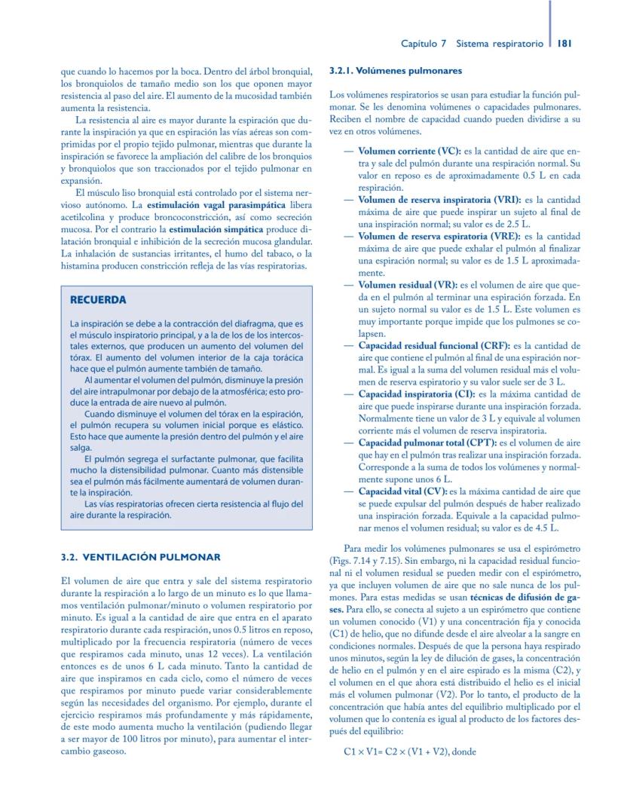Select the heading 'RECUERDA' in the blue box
coord(98,299)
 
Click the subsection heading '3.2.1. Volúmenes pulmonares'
coord(390,72)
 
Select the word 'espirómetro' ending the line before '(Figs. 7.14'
coord(553,548)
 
